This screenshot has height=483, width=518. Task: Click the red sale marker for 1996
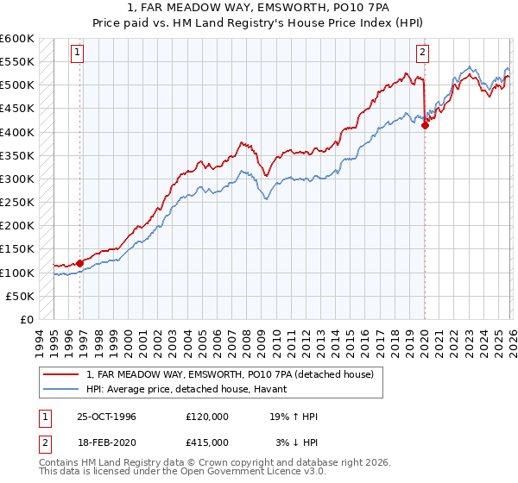(80, 263)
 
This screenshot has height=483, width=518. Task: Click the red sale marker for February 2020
(425, 125)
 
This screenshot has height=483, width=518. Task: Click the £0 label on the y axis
(27, 320)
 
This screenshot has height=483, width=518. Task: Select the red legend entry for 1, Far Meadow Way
(230, 375)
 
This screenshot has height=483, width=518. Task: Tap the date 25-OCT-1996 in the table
(106, 417)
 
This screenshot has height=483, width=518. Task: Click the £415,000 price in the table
(207, 442)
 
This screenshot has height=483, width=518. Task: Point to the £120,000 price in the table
(207, 417)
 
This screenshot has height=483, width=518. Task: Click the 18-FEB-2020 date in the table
(106, 442)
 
